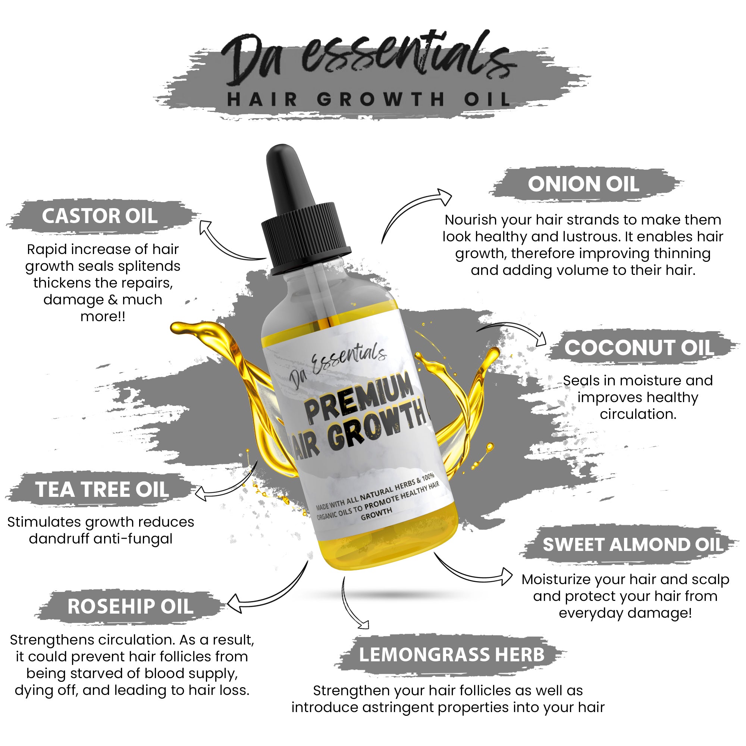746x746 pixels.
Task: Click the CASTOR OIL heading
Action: (x=100, y=216)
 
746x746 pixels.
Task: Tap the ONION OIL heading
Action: (x=583, y=184)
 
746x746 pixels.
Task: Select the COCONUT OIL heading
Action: (x=639, y=348)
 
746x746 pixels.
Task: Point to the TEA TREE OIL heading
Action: (x=102, y=489)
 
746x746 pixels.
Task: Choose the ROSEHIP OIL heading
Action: (x=131, y=606)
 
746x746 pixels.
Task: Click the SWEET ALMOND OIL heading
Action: (x=633, y=545)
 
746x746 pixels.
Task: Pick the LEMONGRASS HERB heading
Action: (x=452, y=655)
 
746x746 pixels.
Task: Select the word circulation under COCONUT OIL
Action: (x=638, y=414)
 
